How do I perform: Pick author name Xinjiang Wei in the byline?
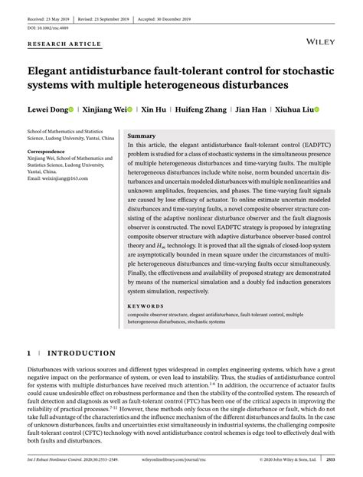(105, 109)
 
